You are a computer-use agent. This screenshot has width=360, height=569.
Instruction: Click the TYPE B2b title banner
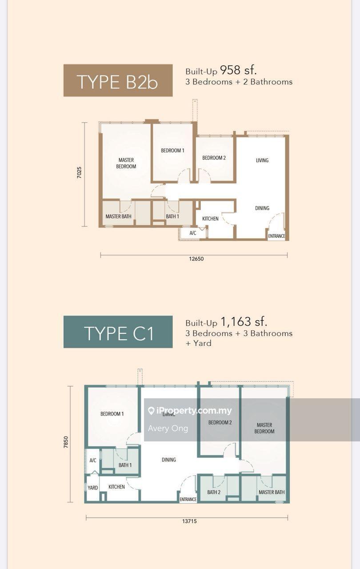pos(118,80)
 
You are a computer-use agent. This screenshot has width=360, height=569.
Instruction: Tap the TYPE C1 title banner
pos(118,332)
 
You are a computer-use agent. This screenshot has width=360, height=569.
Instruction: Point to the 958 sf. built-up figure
pos(238,70)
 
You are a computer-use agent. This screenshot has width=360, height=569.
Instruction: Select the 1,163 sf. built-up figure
pos(244,321)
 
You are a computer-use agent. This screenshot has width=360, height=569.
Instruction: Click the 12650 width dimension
pos(196,259)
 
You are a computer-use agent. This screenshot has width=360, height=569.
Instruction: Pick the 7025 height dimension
pos(79,172)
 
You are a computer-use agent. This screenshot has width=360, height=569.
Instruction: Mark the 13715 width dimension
pos(189,521)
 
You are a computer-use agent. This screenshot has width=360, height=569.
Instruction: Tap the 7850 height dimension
pos(66,442)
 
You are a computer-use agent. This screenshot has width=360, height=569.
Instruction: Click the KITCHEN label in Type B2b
pos(210,219)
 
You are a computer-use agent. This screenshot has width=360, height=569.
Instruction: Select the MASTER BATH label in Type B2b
pos(118,216)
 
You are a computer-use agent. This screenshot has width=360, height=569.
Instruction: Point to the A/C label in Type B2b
pos(193,233)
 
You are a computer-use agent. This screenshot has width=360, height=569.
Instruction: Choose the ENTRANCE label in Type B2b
pos(276,236)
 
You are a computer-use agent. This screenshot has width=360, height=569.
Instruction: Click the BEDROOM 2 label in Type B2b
pos(214,158)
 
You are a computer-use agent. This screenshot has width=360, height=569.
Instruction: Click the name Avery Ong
pos(168,429)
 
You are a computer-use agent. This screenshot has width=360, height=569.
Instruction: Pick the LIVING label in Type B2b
pos(262,160)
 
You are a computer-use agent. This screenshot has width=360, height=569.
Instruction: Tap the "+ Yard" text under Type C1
pos(198,343)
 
